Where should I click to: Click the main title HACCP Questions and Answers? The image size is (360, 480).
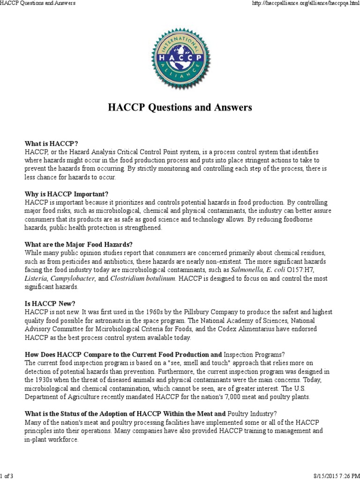pos(180,107)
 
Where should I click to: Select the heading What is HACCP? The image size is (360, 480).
pos(52,144)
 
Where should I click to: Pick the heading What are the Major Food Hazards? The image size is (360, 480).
pos(79,244)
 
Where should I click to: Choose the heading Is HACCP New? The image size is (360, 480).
pos(48,303)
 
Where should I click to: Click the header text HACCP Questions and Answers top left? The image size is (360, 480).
pos(38,3)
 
